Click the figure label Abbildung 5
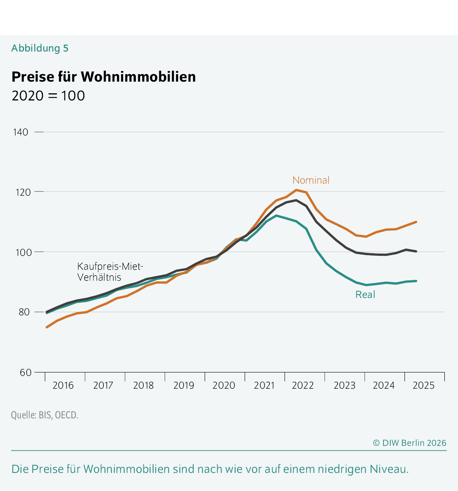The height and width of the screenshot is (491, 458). (x=40, y=48)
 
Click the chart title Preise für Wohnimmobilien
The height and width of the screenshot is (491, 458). (x=103, y=77)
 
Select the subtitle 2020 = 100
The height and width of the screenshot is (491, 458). (x=48, y=96)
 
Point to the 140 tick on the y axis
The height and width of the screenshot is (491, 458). (x=21, y=132)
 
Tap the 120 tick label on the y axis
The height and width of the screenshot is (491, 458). (x=21, y=192)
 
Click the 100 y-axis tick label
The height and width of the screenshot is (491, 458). (x=21, y=252)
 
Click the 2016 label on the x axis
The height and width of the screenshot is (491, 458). (x=63, y=385)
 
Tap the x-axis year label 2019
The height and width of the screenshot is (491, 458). (x=184, y=385)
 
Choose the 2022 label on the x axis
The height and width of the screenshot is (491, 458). (x=303, y=385)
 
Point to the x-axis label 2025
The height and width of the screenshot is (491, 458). (x=423, y=385)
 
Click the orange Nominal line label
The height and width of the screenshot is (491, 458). (x=311, y=180)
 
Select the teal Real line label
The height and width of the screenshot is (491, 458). (x=365, y=295)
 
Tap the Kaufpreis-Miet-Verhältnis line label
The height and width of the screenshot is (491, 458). (x=110, y=272)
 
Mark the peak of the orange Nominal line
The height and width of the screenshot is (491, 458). (x=296, y=190)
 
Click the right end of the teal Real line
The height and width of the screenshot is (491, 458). (x=416, y=281)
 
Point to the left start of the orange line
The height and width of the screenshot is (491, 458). (x=47, y=327)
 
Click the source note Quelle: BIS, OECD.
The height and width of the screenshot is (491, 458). (x=44, y=415)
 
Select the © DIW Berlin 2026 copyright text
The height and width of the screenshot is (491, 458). (x=409, y=443)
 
